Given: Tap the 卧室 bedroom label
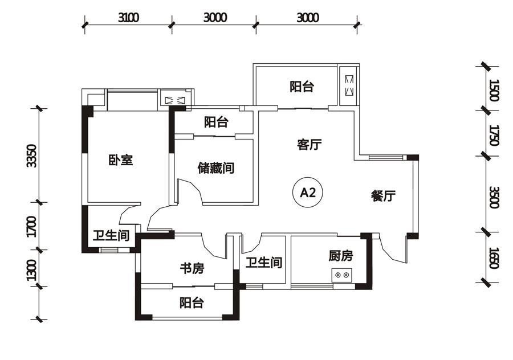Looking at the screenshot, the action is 121,160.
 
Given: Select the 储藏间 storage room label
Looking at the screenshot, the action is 215,168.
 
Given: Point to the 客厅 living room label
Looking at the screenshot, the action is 309,144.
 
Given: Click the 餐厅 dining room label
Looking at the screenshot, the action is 383,195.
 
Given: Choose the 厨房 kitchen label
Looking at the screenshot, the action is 341,256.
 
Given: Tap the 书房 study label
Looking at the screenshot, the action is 192,268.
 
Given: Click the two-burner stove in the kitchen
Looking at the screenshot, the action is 342,275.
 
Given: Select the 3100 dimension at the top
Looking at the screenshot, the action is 129,18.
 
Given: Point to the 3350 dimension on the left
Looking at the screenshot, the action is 32,156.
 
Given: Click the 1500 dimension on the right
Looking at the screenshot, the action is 494,90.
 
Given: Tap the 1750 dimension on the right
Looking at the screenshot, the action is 494,134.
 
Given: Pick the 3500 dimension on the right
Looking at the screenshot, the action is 494,198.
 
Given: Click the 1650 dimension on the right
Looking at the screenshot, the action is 494,258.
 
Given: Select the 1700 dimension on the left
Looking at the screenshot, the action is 32,226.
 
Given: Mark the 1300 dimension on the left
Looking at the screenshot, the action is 32,270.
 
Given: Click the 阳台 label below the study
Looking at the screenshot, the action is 192,302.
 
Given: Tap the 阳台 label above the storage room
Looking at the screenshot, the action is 216,122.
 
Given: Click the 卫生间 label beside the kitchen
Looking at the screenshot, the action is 264,262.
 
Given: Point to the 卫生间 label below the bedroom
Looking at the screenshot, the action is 111,235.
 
